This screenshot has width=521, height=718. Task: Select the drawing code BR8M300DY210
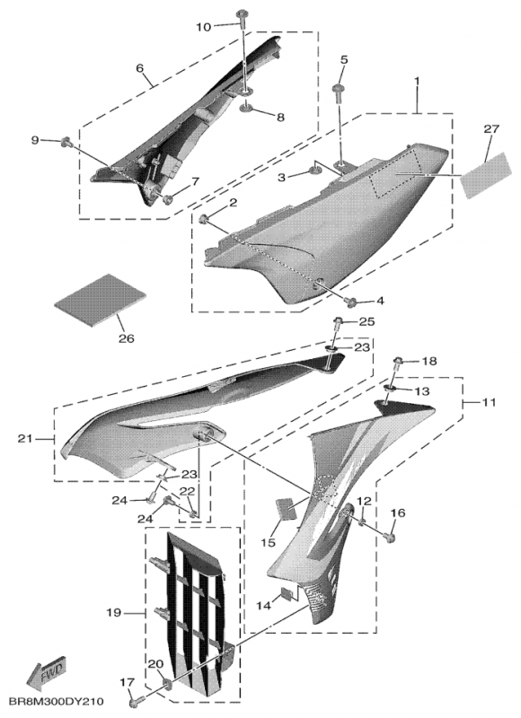pos(56,702)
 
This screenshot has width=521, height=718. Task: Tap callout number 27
pos(490,129)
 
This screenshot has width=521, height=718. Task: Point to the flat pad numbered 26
pos(100,301)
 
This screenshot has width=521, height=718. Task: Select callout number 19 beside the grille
pos(114,612)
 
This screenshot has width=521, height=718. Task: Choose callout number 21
pos(25,439)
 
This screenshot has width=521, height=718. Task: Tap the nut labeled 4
pos(352,302)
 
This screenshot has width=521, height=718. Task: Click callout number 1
pos(417,80)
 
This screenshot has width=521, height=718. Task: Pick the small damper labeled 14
pos(287,594)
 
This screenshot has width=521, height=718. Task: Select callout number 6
pos(139,69)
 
